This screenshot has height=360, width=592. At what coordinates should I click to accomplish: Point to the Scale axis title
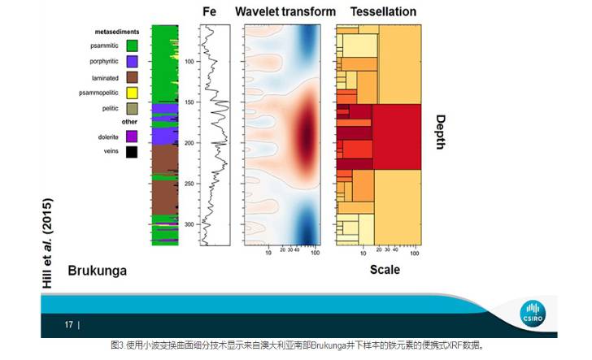(385, 269)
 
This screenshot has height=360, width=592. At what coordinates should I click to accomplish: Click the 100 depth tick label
(189, 62)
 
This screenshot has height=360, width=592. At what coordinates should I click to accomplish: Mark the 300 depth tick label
(189, 224)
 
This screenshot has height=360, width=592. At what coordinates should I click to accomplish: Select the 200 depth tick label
(189, 143)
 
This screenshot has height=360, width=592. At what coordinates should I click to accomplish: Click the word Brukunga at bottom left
(98, 271)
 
